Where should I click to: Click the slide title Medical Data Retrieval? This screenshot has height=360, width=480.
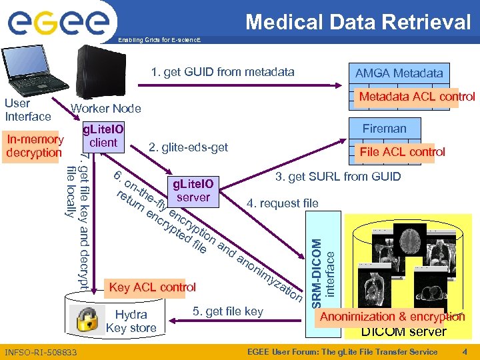tap(358, 22)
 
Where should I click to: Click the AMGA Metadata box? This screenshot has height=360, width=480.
tap(398, 73)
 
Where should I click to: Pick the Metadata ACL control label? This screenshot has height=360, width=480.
tap(417, 97)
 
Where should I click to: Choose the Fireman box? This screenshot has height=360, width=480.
tap(384, 129)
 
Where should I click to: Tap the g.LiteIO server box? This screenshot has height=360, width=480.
tap(193, 190)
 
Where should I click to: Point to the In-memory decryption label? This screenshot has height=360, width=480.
tap(34, 146)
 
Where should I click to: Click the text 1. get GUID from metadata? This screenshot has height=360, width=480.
tap(222, 72)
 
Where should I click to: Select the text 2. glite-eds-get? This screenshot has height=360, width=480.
tap(188, 147)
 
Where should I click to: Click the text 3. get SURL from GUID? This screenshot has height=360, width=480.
tap(338, 177)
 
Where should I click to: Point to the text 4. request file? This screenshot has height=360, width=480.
tap(282, 203)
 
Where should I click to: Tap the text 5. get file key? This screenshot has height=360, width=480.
tap(227, 311)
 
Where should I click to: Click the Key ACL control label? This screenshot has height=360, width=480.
tap(152, 287)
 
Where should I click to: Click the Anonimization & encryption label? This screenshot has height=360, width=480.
tap(392, 317)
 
